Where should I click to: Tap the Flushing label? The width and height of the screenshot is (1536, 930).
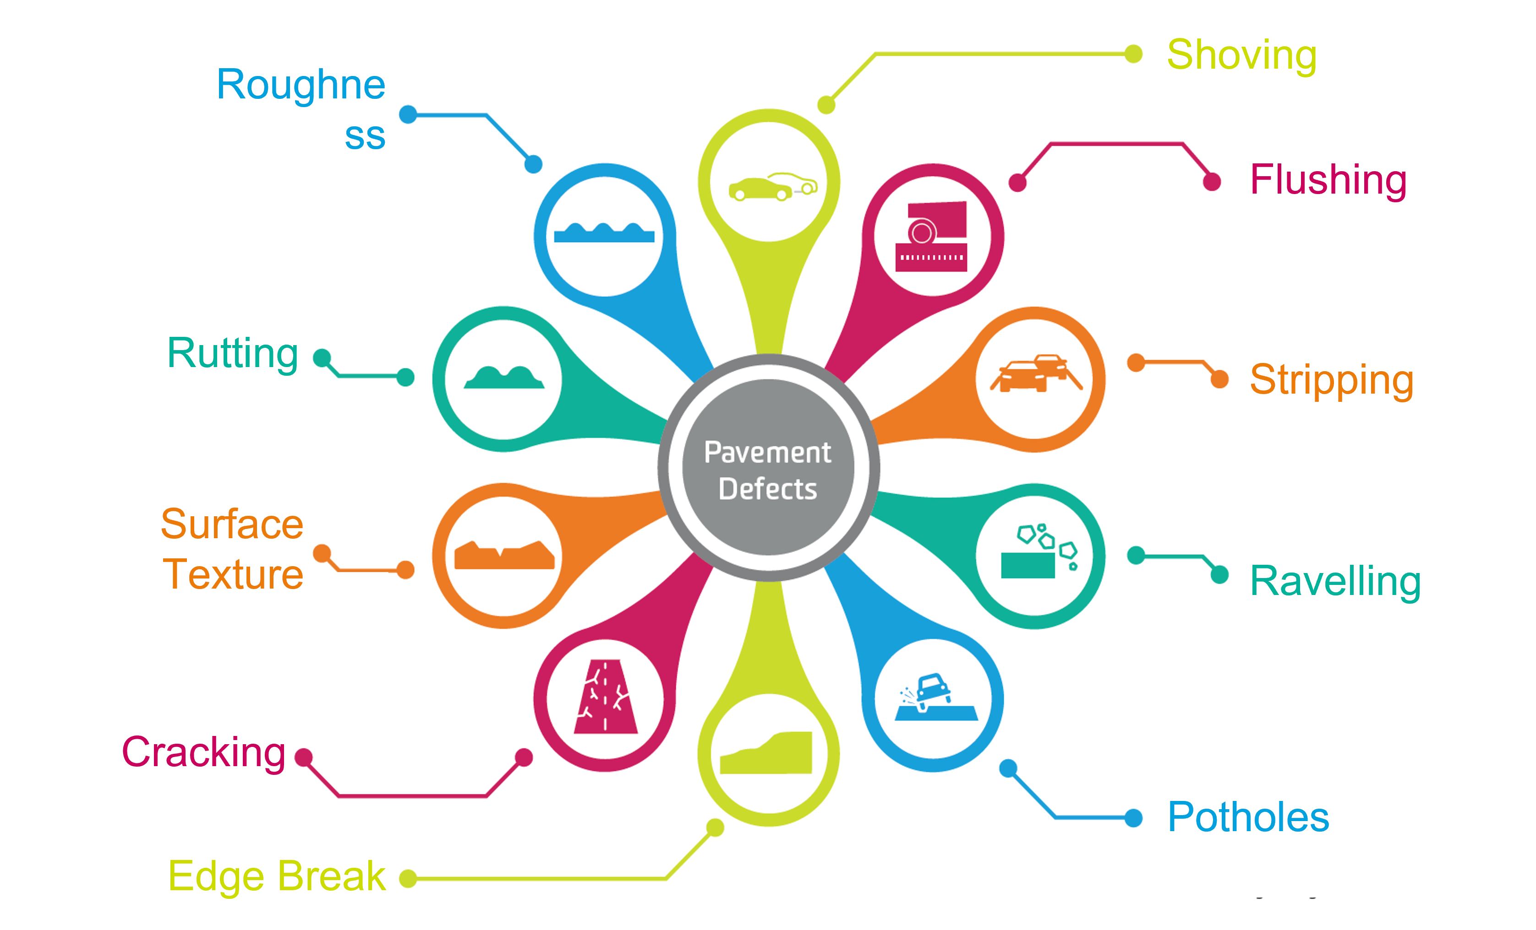pos(1328,179)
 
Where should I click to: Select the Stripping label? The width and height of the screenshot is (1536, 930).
pos(1331,379)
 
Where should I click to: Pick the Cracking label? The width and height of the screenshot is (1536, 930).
pos(203,752)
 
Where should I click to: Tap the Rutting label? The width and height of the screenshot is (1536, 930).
pos(233,353)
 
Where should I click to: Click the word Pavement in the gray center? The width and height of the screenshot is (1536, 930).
pos(767,452)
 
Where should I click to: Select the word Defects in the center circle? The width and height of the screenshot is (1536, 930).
pos(767,489)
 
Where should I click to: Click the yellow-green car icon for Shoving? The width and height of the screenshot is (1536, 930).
pos(772,186)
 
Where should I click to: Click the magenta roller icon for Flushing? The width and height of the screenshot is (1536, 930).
pos(931,237)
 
